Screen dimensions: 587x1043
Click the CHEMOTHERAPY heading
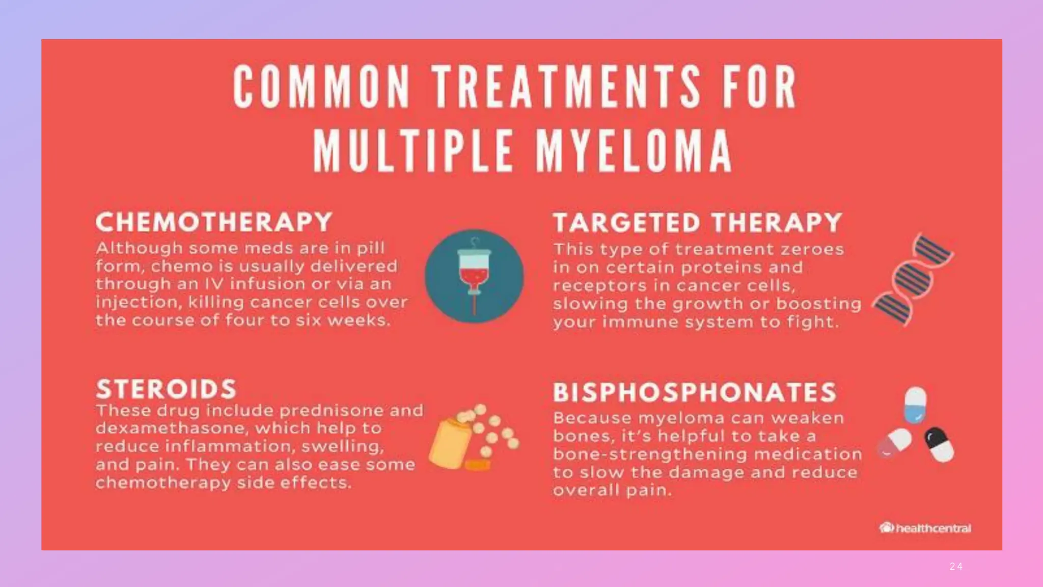tap(214, 222)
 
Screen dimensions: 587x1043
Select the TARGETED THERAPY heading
tap(697, 223)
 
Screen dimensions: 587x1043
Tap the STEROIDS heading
tap(166, 389)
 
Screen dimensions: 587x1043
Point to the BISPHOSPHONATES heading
tap(695, 392)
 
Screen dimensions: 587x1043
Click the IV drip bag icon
tap(474, 276)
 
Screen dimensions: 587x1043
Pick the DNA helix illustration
tap(913, 279)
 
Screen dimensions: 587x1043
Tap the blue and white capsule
tap(915, 406)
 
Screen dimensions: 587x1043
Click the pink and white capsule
tap(894, 443)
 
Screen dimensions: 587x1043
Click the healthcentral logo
tap(925, 528)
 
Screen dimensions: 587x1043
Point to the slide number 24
tap(956, 567)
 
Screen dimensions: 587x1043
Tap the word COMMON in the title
tap(322, 87)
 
